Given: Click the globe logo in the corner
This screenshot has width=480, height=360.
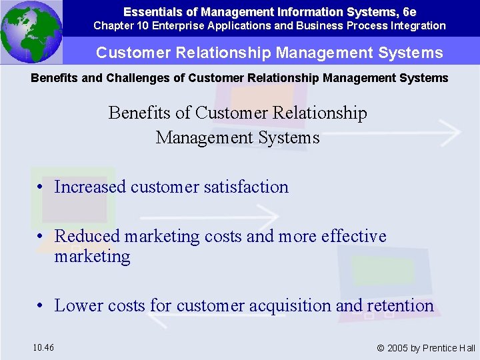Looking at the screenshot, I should tap(31, 32).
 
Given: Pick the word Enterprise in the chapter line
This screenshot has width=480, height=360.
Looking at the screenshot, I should tap(178, 26).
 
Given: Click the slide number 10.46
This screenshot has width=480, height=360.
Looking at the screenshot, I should tap(43, 347).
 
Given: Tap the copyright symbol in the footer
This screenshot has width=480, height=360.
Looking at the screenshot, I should tap(381, 348).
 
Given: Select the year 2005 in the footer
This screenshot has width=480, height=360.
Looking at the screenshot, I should tap(399, 348).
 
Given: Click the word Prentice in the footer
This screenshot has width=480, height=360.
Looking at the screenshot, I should tap(440, 348).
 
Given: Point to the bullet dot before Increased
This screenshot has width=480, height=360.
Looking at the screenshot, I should tap(41, 187).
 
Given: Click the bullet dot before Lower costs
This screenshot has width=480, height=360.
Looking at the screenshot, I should tap(41, 306).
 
